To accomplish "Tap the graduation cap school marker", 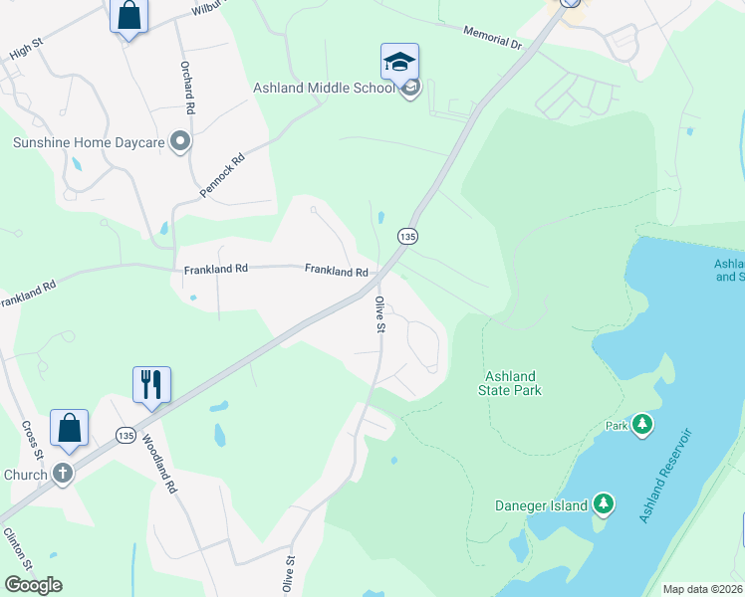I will (x=399, y=63).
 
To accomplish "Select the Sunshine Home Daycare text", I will (x=88, y=142).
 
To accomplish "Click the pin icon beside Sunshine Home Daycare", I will (x=180, y=142).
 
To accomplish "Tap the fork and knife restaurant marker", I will (x=151, y=385).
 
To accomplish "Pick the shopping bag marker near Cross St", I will (x=69, y=428).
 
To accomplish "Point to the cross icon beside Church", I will (x=63, y=474).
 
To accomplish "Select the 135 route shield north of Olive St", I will (x=407, y=236).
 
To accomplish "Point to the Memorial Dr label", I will (x=492, y=38).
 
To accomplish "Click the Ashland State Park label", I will (x=513, y=383).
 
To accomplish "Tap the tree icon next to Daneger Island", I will (x=603, y=504).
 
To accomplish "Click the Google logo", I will (x=33, y=585).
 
